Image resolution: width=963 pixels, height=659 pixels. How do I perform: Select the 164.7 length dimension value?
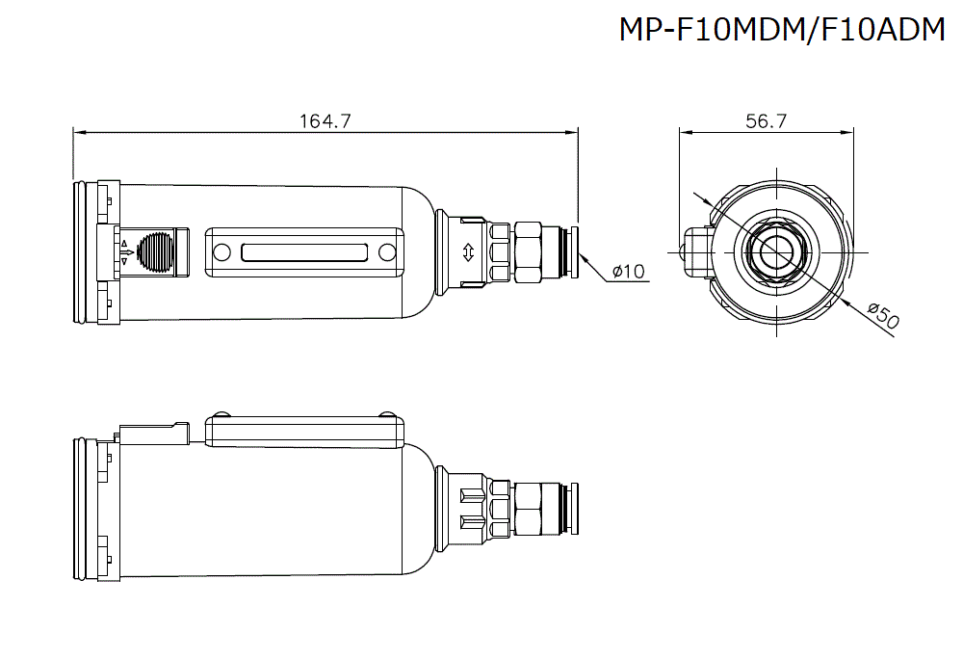[325, 121]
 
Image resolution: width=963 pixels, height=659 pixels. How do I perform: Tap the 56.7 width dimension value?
[767, 121]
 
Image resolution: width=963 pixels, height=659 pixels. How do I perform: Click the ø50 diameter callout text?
[882, 317]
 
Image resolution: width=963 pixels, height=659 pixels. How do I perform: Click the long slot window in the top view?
[304, 253]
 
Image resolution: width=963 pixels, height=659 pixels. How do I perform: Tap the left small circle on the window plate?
[222, 253]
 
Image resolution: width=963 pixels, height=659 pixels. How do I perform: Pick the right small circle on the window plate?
[387, 253]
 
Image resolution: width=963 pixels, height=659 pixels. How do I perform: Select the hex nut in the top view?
[529, 252]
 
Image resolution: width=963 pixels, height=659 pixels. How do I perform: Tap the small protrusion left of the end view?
[692, 251]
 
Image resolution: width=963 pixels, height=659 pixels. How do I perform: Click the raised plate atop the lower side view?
[304, 428]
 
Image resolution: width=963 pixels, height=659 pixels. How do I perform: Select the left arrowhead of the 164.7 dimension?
[78, 132]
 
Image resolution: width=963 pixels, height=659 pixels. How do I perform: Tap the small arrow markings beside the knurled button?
[125, 252]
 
